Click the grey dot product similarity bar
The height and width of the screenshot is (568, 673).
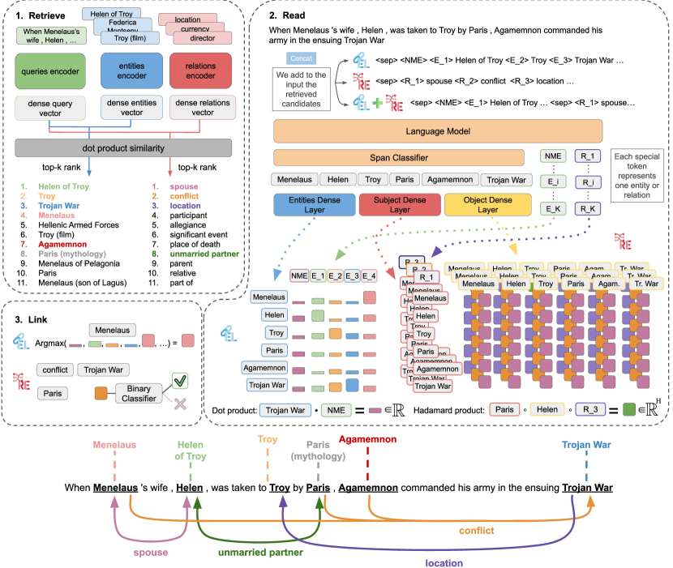point(124,148)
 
